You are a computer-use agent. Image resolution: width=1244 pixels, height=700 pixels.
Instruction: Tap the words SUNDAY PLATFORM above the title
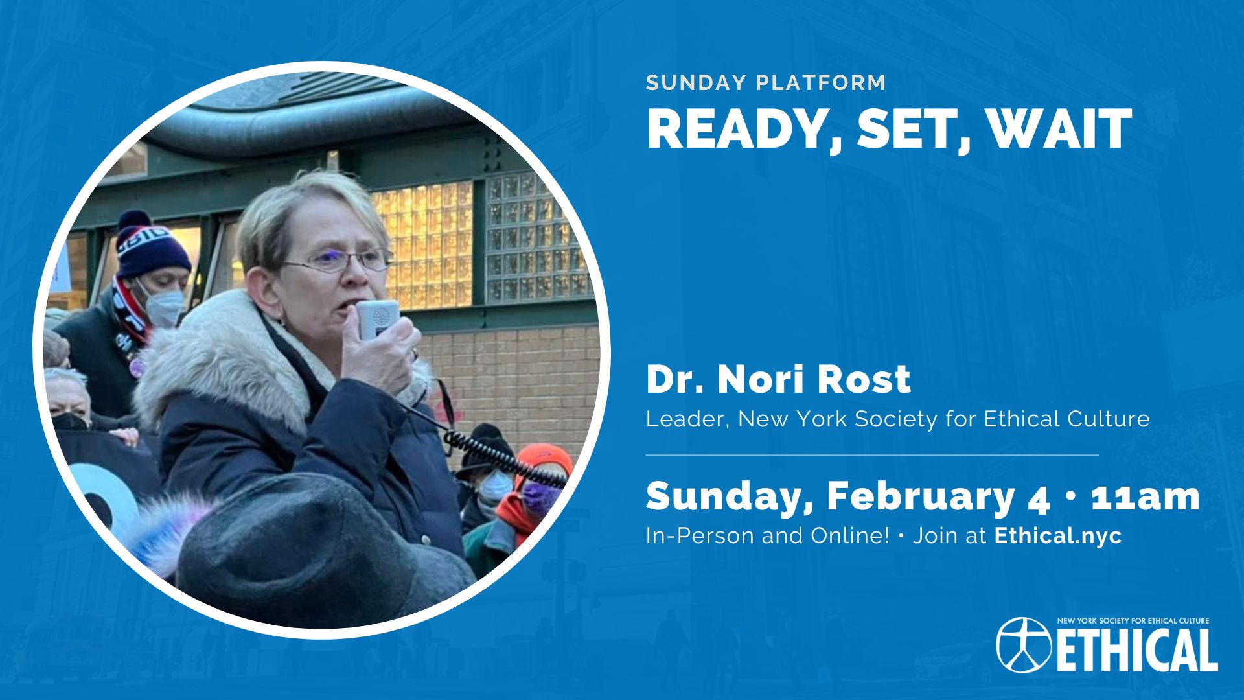coord(766,83)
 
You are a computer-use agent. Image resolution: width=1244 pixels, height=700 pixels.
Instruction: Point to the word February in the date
coord(921,498)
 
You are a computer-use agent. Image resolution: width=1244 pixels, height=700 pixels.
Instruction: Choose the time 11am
coord(1146,497)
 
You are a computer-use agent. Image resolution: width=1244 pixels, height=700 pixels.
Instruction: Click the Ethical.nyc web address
coord(1057,536)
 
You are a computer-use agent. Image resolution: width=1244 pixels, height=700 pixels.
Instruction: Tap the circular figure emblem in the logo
coord(1024,644)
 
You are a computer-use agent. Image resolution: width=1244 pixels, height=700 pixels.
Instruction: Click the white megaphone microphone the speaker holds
coord(378,319)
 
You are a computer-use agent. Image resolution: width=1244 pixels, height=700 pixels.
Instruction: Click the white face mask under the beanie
coord(162,307)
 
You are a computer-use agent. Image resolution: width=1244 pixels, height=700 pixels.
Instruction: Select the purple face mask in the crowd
coord(539,498)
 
